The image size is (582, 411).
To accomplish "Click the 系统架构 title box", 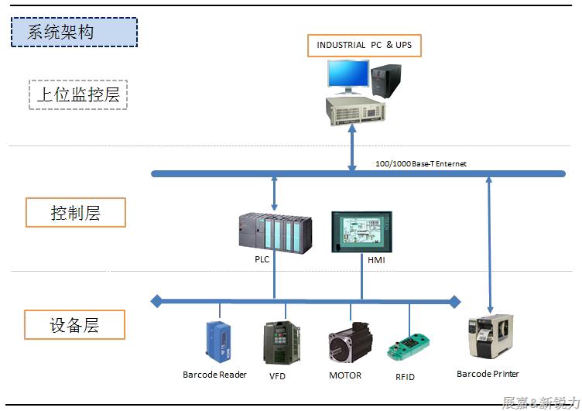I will (74, 33).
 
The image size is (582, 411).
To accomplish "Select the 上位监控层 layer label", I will (77, 95).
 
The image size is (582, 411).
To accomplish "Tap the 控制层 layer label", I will (76, 213).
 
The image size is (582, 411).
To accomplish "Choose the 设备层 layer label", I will (75, 324).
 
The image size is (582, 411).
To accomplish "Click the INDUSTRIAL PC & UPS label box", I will (364, 45).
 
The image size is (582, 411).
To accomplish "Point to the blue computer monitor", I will (347, 76).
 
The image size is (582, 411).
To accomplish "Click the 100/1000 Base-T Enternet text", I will (420, 164).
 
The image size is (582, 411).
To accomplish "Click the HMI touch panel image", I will (361, 231).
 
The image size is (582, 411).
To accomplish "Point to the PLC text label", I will (262, 260).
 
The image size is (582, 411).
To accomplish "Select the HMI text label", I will (376, 260).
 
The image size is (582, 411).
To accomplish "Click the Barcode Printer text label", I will (488, 375).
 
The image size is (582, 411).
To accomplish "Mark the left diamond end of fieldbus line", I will (156, 300).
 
